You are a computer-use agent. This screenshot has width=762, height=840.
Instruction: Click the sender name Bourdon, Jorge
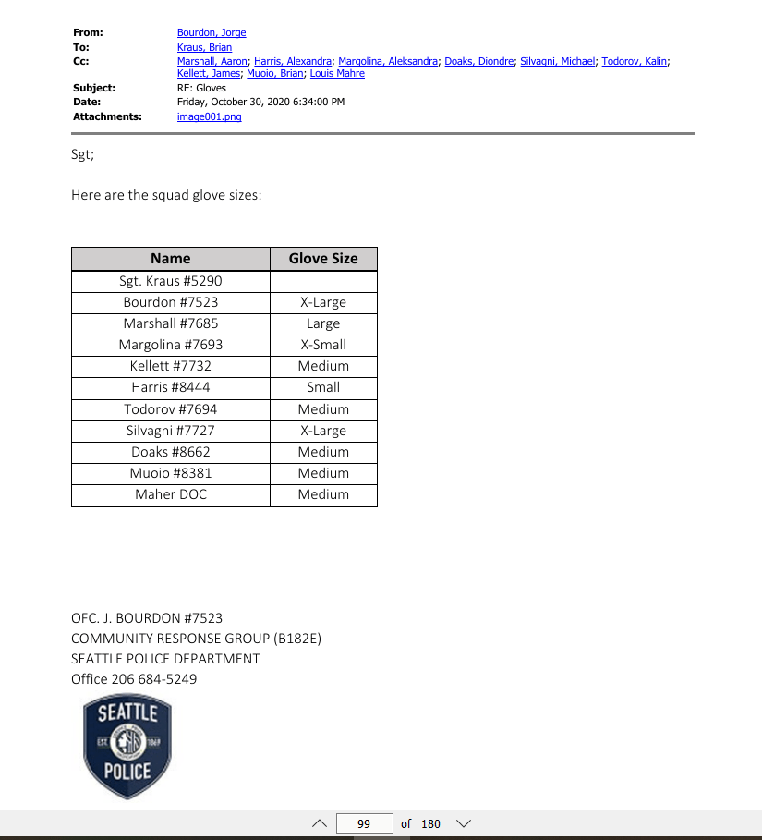click(x=212, y=33)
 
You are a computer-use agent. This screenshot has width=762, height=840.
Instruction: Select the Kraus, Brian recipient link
click(x=204, y=47)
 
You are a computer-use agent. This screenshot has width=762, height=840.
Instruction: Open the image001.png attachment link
click(x=209, y=117)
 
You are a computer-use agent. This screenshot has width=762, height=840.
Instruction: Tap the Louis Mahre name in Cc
click(x=337, y=74)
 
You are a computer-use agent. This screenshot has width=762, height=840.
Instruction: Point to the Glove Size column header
click(x=323, y=259)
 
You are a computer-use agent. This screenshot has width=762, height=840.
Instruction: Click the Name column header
click(x=171, y=259)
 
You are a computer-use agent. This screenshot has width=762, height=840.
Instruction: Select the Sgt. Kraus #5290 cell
click(x=171, y=281)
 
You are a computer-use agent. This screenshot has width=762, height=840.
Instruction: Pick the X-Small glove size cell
click(x=323, y=345)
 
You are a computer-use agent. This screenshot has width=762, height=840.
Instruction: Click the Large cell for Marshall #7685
click(x=323, y=323)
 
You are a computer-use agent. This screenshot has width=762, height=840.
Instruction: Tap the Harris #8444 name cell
click(x=171, y=387)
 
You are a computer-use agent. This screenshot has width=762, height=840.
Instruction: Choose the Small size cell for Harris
click(x=323, y=387)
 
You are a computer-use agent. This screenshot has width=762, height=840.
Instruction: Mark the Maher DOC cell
click(x=171, y=494)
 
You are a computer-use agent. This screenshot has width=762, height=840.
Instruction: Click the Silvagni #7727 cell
click(x=171, y=431)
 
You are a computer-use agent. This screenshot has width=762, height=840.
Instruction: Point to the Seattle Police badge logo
click(x=127, y=747)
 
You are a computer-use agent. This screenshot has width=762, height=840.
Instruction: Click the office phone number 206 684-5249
click(x=154, y=679)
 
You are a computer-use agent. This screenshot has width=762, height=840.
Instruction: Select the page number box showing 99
click(x=364, y=823)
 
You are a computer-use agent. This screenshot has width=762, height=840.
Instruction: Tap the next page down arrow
click(x=464, y=823)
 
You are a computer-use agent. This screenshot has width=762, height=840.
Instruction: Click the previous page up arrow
click(x=320, y=823)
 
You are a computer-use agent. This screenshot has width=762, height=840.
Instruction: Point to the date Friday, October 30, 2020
click(x=260, y=102)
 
